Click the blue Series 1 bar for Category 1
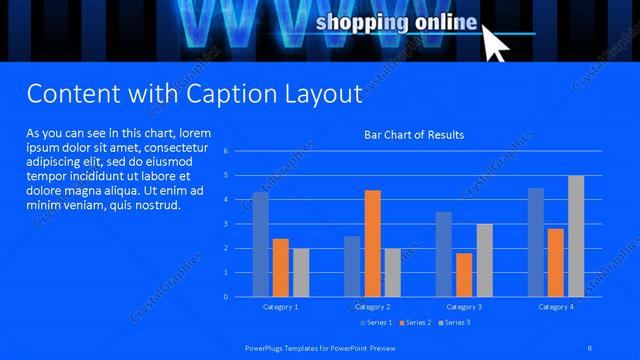tap(260, 244)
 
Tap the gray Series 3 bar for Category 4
tap(576, 236)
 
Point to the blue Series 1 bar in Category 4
tap(536, 242)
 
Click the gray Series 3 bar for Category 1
tap(301, 272)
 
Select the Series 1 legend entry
tap(376, 322)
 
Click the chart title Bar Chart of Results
tap(414, 134)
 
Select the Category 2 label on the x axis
tap(372, 306)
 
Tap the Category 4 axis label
tap(556, 306)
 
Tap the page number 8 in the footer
tap(590, 346)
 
